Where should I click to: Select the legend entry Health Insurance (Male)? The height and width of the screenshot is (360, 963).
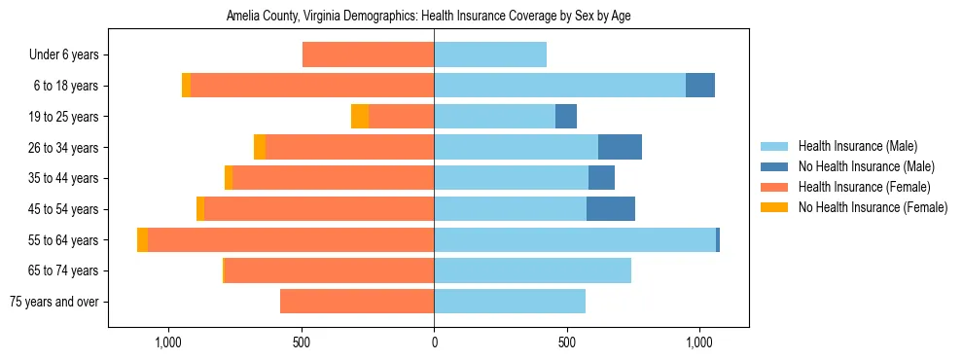coord(856,147)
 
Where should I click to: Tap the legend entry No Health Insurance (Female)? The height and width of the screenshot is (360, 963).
coord(873,207)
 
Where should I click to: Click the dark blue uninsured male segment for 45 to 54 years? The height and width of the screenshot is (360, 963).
coord(611,209)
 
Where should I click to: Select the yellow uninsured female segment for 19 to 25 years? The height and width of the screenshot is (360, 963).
coord(360,117)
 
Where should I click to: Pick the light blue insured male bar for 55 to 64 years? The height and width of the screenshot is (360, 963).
coord(574,239)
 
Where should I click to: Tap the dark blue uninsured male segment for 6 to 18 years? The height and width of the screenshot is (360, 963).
coord(700,86)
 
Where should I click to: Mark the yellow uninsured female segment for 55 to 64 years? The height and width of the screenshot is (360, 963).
coord(143,239)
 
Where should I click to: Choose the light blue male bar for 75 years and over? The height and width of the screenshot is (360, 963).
coord(510,302)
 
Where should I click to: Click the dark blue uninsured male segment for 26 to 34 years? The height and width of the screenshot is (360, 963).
coord(620,147)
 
